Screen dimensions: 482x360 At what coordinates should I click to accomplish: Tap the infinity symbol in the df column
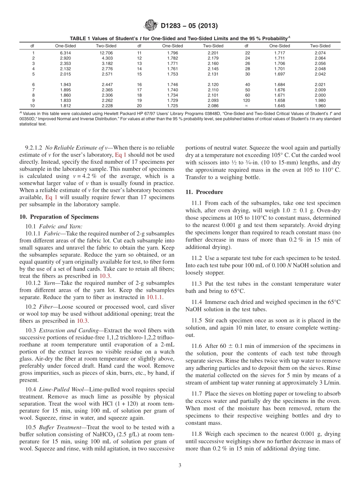click(x=247, y=106)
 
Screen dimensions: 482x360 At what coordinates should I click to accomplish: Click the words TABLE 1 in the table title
click(x=79, y=38)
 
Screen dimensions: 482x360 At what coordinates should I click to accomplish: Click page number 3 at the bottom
click(x=180, y=465)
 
